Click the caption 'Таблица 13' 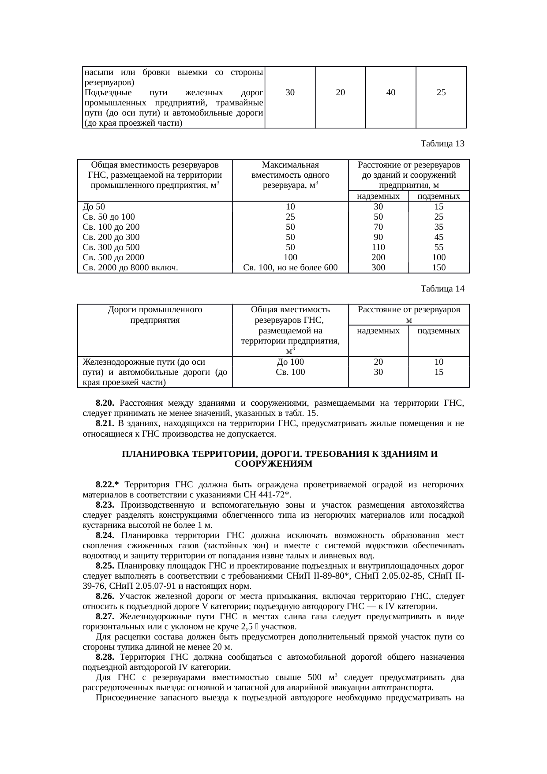(442, 144)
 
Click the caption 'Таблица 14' (442, 289)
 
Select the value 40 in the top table (390, 93)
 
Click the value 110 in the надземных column (378, 247)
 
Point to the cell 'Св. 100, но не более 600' (290, 267)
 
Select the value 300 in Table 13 (378, 267)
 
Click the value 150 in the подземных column (438, 267)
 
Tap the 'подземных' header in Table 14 (438, 331)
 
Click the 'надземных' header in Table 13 (378, 196)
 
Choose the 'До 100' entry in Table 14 (290, 362)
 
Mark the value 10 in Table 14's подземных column (438, 362)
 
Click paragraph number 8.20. (105, 403)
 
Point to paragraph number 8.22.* (108, 485)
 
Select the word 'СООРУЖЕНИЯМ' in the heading (273, 464)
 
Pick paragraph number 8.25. (105, 566)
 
